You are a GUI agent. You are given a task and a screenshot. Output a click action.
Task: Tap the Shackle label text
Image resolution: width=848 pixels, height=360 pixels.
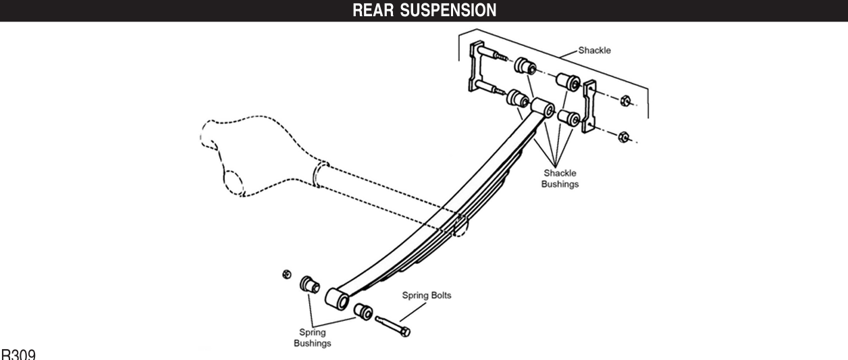[594, 51]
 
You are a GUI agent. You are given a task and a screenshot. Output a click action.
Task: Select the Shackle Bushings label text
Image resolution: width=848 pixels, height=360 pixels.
[560, 178]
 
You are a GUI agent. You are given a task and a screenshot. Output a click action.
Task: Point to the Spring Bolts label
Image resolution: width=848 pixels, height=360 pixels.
[427, 295]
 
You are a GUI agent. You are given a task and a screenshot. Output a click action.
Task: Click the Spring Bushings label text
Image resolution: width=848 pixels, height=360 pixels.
[312, 338]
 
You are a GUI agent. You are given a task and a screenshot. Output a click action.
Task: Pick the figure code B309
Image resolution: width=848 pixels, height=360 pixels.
[18, 355]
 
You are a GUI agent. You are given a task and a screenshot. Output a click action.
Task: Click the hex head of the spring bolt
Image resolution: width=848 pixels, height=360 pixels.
[406, 332]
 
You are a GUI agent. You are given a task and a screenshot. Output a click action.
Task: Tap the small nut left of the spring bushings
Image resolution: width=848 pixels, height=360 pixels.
[286, 274]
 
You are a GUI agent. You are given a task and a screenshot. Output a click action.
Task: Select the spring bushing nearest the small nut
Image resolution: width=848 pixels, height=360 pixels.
[310, 284]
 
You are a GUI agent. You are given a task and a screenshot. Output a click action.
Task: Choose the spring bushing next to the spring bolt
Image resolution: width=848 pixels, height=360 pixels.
[364, 312]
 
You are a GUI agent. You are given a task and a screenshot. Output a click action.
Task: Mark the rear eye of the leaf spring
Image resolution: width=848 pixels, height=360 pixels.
[543, 107]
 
